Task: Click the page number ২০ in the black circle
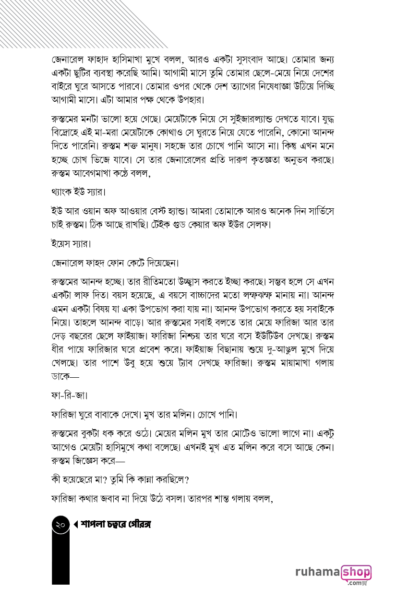(x=60, y=525)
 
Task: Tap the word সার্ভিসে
(x=316, y=211)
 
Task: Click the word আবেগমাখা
(x=96, y=174)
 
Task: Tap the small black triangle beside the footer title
(x=76, y=525)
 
